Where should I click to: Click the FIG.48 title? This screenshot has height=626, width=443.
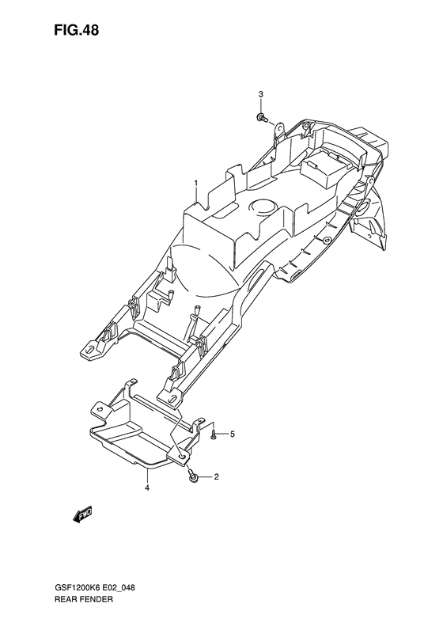coord(76,30)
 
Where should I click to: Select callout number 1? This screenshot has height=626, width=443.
coord(196,183)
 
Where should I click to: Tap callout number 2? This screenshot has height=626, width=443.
coord(216,476)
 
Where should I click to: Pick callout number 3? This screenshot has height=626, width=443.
coord(260,94)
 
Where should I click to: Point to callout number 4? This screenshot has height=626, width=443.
coord(147,488)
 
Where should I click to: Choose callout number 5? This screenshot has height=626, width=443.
coord(233,434)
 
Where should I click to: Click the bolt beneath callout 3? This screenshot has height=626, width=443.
coord(261,117)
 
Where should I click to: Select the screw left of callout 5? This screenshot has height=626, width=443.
coord(214,434)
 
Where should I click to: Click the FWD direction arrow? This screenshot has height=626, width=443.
coord(82,514)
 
